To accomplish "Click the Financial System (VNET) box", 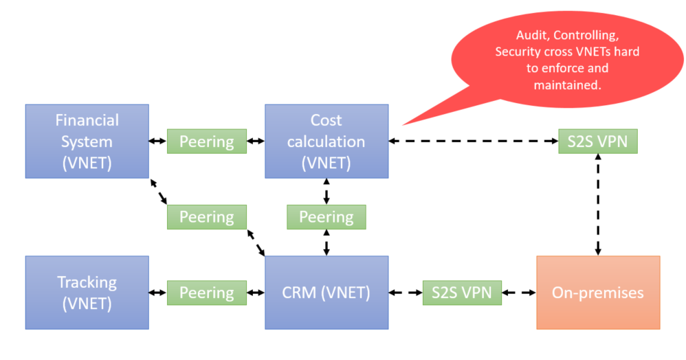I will [x=87, y=142].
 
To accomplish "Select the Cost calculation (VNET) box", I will [x=327, y=142].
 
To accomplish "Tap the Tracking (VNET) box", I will [x=87, y=292].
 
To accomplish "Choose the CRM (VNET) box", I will [x=327, y=292].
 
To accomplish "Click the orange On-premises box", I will [x=597, y=292].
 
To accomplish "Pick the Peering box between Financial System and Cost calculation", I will [x=207, y=142].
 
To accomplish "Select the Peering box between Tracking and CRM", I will [x=207, y=292].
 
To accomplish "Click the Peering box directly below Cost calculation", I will [x=327, y=217].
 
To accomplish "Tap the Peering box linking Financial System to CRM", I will [x=207, y=217].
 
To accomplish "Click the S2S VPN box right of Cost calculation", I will [x=597, y=142].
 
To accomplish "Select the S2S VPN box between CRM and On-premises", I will [x=462, y=292].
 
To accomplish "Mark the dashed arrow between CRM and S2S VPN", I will [x=406, y=292].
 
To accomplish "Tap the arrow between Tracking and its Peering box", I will [x=158, y=292].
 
